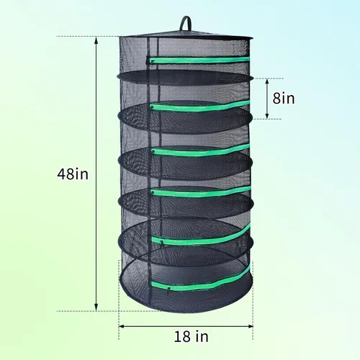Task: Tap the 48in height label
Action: [73, 174]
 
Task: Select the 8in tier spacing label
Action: [284, 98]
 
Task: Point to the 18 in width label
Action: [191, 336]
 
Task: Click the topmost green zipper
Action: [200, 60]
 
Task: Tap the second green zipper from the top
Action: [200, 106]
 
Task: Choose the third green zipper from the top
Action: [200, 150]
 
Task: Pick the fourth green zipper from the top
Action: [200, 192]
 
